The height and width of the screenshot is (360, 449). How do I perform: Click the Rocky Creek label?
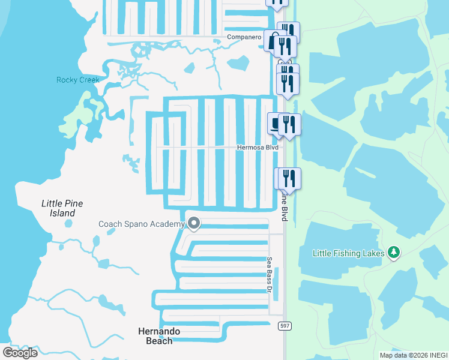click(x=77, y=80)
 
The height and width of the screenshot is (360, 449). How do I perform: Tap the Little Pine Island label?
click(x=62, y=208)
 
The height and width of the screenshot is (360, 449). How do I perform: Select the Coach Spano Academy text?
click(x=142, y=224)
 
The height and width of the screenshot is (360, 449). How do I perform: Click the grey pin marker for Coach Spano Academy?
click(x=194, y=224)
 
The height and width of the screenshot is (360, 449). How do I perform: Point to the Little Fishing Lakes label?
click(x=348, y=253)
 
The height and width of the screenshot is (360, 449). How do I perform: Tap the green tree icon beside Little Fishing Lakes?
click(x=394, y=252)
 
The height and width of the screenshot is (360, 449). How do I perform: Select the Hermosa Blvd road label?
click(x=258, y=147)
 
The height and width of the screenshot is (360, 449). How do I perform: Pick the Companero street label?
click(x=244, y=37)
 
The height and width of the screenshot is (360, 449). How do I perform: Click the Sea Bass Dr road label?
click(x=270, y=275)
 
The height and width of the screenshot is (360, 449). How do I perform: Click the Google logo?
click(x=20, y=352)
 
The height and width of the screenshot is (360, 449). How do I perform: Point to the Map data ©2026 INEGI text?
click(x=413, y=355)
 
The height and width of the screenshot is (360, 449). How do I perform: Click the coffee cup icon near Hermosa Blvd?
click(x=275, y=124)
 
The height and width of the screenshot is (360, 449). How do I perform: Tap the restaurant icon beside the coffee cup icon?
click(x=289, y=124)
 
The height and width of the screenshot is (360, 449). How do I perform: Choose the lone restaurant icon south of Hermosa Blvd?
click(x=288, y=179)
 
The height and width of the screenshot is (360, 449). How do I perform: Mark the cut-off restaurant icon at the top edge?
click(x=277, y=3)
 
